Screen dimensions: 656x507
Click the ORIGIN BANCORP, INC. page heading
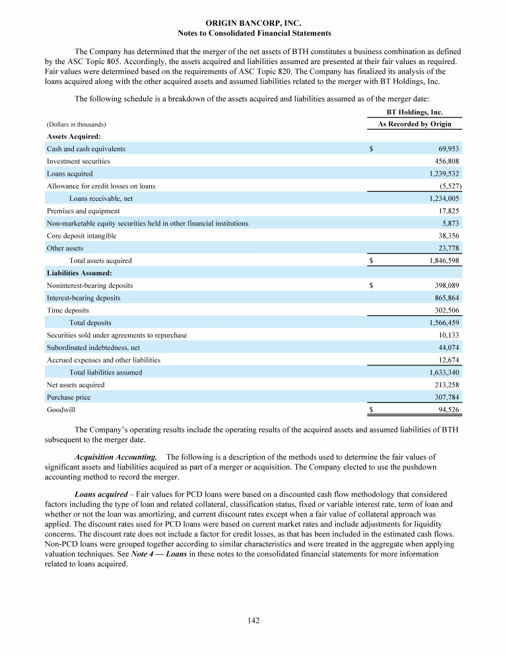tap(254, 22)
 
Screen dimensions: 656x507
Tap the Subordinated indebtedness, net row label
tap(93, 347)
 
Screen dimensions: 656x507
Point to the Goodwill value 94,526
tap(448, 410)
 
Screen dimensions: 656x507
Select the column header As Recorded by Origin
tap(415, 124)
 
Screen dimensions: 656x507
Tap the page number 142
tap(253, 619)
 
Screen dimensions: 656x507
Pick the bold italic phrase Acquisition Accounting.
tap(116, 456)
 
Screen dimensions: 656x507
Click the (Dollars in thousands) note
tap(77, 124)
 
